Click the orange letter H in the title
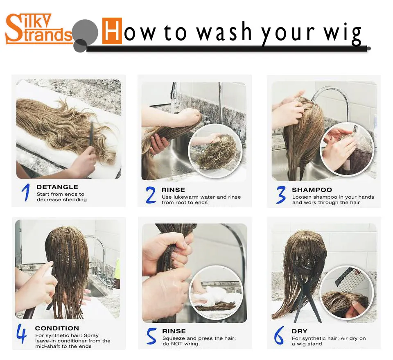(112, 31)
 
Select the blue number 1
(26, 192)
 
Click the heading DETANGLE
(57, 187)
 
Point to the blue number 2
(151, 195)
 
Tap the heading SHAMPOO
(312, 190)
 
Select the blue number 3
(281, 195)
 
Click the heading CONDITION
(57, 328)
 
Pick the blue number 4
(22, 334)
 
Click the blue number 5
(151, 337)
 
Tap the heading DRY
(299, 331)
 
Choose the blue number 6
(279, 336)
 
